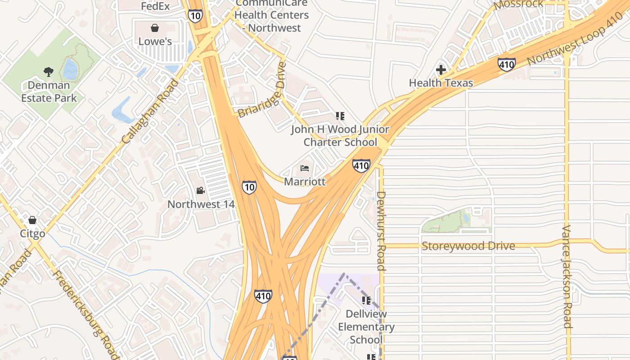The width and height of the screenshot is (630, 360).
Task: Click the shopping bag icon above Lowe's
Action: pyautogui.click(x=155, y=28)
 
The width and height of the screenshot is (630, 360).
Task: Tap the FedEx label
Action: pyautogui.click(x=155, y=6)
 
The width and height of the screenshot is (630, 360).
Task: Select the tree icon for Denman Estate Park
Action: pyautogui.click(x=49, y=72)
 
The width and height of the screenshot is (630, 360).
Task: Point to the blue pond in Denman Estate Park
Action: pyautogui.click(x=70, y=70)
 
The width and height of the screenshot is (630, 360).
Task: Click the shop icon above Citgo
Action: pyautogui.click(x=32, y=220)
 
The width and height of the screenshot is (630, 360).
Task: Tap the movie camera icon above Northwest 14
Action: pyautogui.click(x=201, y=191)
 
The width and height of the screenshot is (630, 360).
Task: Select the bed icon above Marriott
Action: pyautogui.click(x=305, y=168)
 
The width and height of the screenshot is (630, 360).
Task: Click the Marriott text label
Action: pyautogui.click(x=305, y=182)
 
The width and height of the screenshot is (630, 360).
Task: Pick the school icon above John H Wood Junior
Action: pyautogui.click(x=340, y=116)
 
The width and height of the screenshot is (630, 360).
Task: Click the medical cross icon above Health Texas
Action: pyautogui.click(x=441, y=70)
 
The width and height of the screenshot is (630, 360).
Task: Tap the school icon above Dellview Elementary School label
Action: pyautogui.click(x=366, y=300)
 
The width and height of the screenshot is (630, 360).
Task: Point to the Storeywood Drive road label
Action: pyautogui.click(x=468, y=246)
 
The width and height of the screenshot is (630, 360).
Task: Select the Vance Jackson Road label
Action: pyautogui.click(x=567, y=276)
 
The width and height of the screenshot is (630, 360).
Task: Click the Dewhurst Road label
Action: pyautogui.click(x=381, y=231)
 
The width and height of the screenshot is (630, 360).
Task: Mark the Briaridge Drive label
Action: pyautogui.click(x=262, y=90)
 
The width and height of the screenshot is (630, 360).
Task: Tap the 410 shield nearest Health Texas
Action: pyautogui.click(x=506, y=64)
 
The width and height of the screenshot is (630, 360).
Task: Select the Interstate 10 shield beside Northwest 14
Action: pyautogui.click(x=249, y=187)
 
